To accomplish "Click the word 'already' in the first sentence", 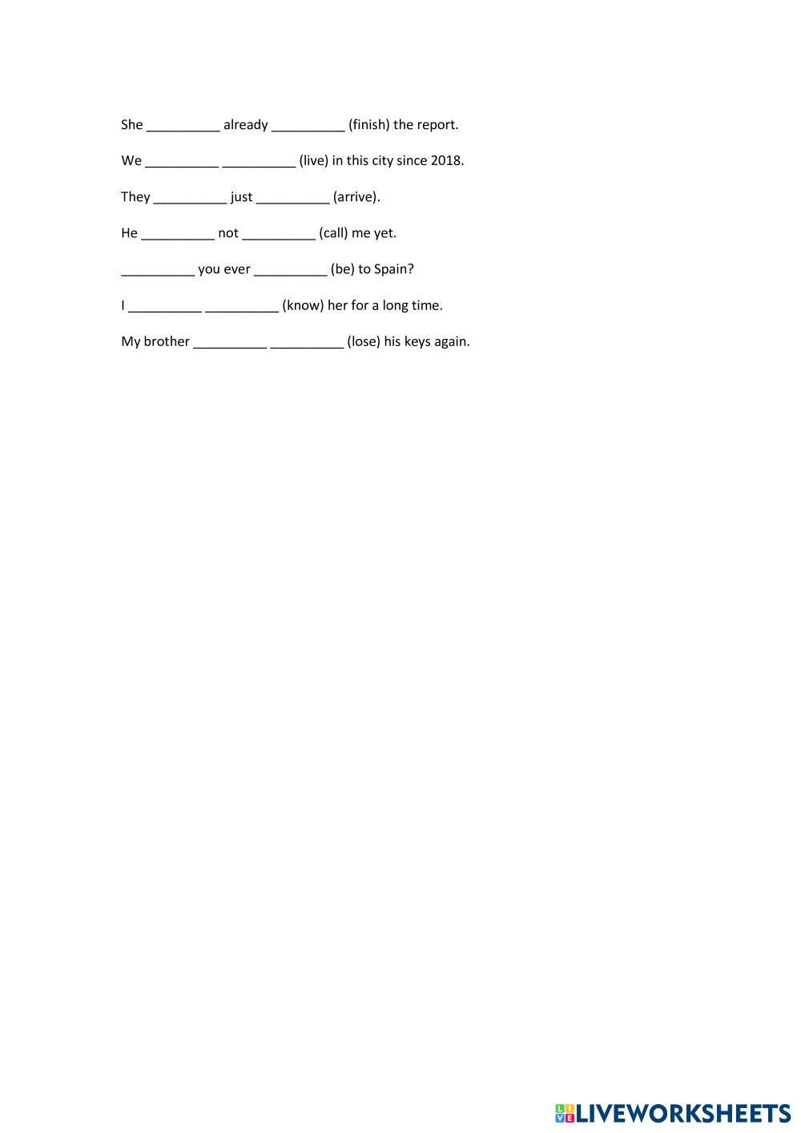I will pyautogui.click(x=245, y=125).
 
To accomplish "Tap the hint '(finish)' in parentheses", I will pyautogui.click(x=368, y=125).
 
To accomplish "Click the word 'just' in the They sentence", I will pyautogui.click(x=241, y=197).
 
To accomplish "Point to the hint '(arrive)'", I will pyautogui.click(x=356, y=197).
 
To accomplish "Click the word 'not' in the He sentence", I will pyautogui.click(x=228, y=233).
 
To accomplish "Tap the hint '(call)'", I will pyautogui.click(x=333, y=233).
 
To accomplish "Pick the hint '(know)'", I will pyautogui.click(x=303, y=305).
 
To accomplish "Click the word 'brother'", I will pyautogui.click(x=167, y=341).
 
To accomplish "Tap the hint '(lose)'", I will pyautogui.click(x=364, y=341).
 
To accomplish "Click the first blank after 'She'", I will pyautogui.click(x=183, y=127).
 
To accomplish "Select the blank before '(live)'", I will pyautogui.click(x=259, y=163).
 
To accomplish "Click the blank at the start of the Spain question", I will pyautogui.click(x=158, y=271).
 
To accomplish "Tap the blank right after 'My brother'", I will pyautogui.click(x=230, y=344).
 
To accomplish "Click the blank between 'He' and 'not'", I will pyautogui.click(x=178, y=235).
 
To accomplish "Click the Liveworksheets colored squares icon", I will pyautogui.click(x=565, y=1113).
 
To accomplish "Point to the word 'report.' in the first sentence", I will pyautogui.click(x=437, y=125).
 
